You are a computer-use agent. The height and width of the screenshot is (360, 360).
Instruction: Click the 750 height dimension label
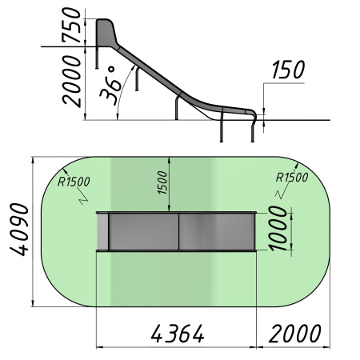click(71, 25)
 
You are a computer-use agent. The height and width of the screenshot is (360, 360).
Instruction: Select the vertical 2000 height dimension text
click(71, 82)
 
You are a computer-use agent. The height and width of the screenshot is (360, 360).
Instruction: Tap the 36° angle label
click(110, 85)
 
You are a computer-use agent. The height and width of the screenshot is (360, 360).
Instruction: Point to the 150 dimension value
click(288, 70)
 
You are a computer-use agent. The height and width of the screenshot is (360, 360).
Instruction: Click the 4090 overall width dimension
click(19, 230)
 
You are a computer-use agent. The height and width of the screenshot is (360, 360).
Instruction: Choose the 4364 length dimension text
click(178, 334)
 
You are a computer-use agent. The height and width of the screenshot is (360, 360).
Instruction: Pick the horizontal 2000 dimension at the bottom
click(295, 334)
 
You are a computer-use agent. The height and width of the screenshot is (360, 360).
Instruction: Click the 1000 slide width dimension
click(278, 229)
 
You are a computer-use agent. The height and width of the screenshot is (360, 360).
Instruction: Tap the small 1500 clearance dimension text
click(162, 182)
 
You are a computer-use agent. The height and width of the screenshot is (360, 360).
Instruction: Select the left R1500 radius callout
click(74, 182)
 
